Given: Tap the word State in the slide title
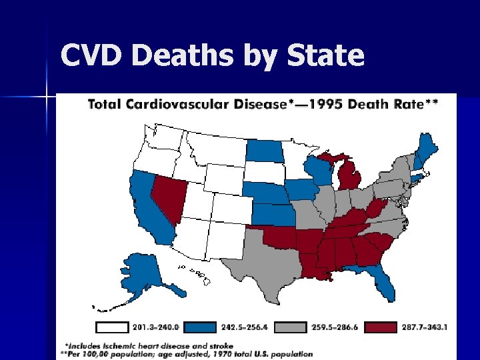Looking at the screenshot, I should tap(327, 55).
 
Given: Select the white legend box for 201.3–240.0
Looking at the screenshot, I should tap(120, 327).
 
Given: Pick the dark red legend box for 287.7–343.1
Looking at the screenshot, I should tap(364, 327).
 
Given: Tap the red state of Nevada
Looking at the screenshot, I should tap(167, 197).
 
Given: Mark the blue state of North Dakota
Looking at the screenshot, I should tap(263, 151).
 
